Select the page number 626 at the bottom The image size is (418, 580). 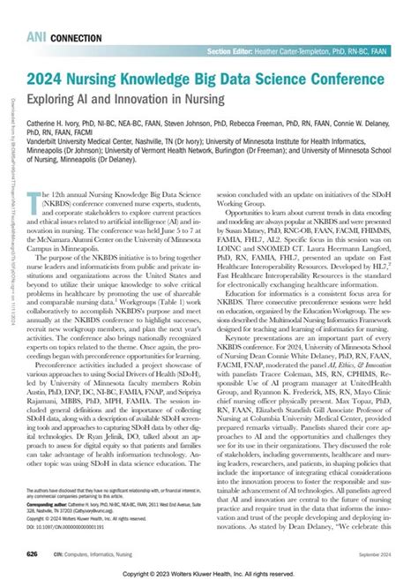coord(33,553)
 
